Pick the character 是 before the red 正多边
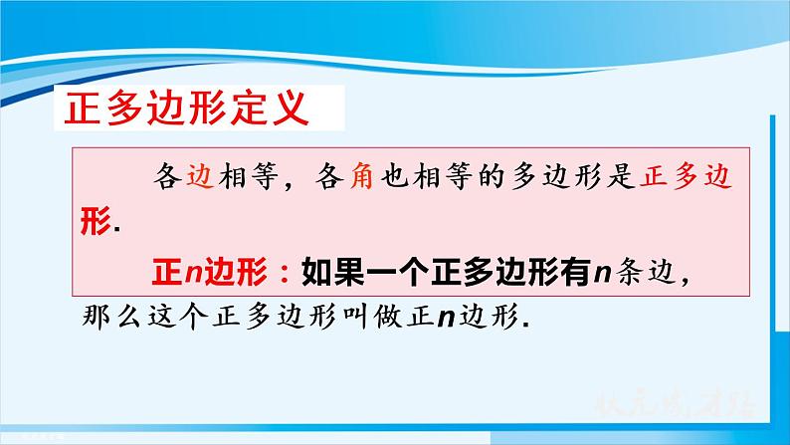[638, 177]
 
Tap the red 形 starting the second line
[95, 222]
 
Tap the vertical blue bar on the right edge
[772, 249]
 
